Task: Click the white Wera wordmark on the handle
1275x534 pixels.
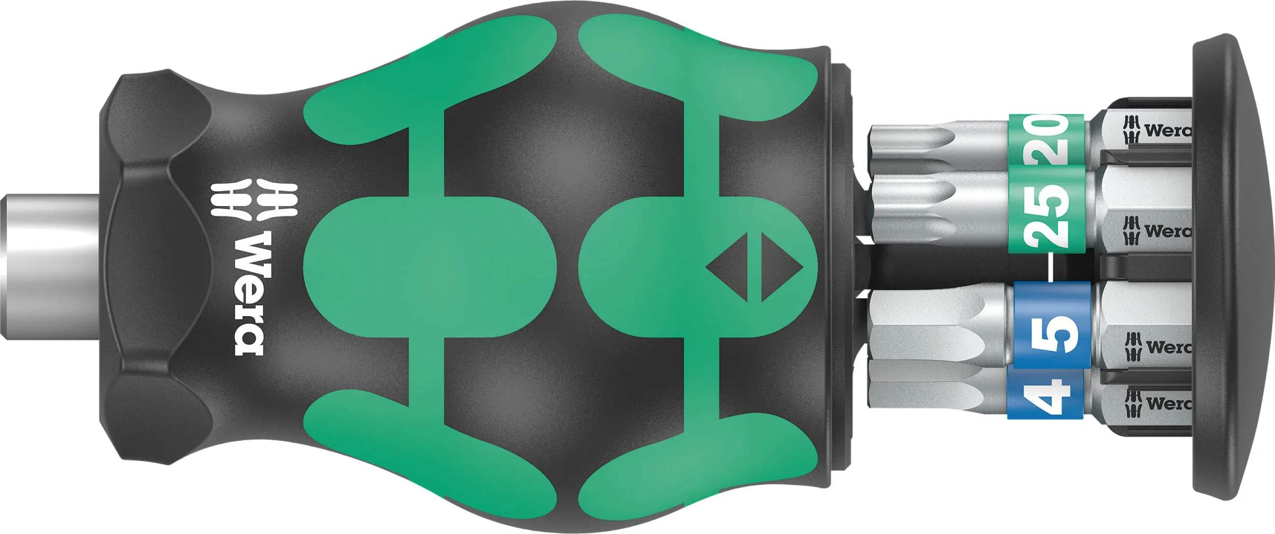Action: click(248, 293)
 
